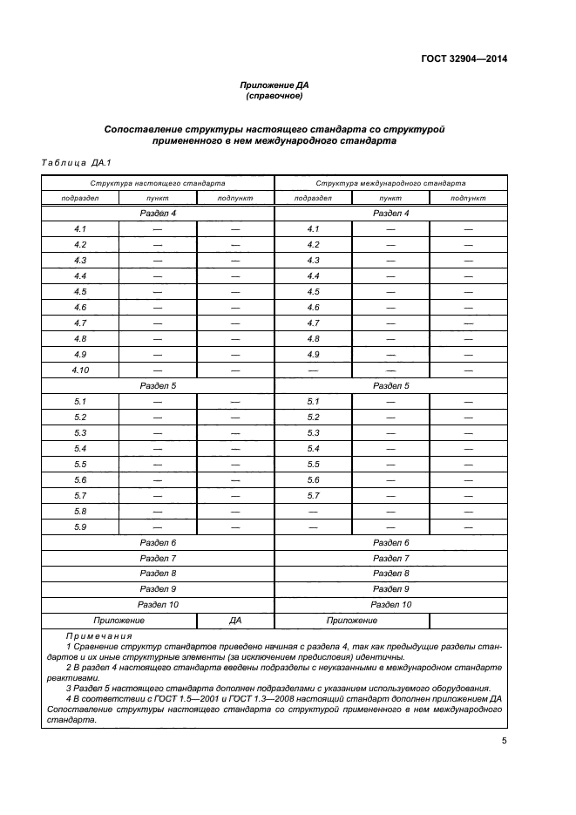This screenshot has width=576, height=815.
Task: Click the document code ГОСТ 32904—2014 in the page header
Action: pyautogui.click(x=459, y=59)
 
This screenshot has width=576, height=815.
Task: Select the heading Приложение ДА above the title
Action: pyautogui.click(x=274, y=85)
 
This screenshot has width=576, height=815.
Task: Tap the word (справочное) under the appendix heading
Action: pyautogui.click(x=274, y=96)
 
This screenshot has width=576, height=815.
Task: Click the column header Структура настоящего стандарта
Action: pyautogui.click(x=158, y=184)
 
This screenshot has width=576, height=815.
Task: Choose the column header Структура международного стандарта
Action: pyautogui.click(x=390, y=184)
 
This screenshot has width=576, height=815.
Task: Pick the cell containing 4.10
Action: pyautogui.click(x=80, y=370)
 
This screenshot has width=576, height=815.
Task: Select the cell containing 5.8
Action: pyautogui.click(x=80, y=511)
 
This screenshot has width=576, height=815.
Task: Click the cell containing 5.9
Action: pyautogui.click(x=80, y=526)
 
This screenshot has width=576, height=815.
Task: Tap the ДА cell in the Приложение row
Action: pyautogui.click(x=235, y=621)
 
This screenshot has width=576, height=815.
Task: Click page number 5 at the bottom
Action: pyautogui.click(x=504, y=741)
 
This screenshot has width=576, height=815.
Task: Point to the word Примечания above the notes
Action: pyautogui.click(x=95, y=636)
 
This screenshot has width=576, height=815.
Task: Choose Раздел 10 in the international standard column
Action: pyautogui.click(x=390, y=604)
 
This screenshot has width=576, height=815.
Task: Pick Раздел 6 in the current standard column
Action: pyautogui.click(x=158, y=542)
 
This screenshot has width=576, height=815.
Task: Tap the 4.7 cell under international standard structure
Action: pyautogui.click(x=314, y=323)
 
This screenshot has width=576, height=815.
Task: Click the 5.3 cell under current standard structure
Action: pyautogui.click(x=80, y=433)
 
